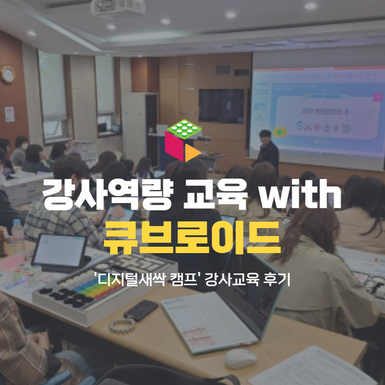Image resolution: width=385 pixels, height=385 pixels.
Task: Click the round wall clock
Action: point(7,75)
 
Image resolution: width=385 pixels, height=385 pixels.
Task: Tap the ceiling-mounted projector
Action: point(109,8)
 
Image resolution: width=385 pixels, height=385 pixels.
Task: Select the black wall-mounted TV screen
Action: point(221,106)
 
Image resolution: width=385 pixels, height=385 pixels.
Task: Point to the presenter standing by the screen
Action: point(267,149)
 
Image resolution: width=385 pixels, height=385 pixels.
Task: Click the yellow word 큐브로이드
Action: point(192,239)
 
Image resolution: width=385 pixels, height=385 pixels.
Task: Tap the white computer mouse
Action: point(240,359)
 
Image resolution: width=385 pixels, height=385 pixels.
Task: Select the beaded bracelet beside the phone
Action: point(122,324)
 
